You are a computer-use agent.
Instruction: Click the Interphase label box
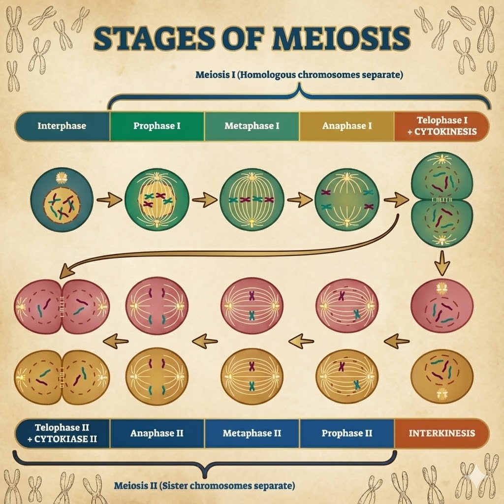click(x=62, y=126)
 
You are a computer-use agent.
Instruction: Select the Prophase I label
click(x=157, y=126)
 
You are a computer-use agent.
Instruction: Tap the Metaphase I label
click(x=252, y=126)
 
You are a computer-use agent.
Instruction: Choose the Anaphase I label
click(x=346, y=126)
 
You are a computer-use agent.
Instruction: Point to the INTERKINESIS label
click(x=441, y=433)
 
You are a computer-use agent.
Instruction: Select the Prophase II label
click(x=346, y=433)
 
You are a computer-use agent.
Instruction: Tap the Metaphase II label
click(x=252, y=433)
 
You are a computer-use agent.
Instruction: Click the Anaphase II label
click(x=157, y=433)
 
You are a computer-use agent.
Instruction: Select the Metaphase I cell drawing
click(x=252, y=200)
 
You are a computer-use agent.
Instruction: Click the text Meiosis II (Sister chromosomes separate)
click(x=204, y=486)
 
